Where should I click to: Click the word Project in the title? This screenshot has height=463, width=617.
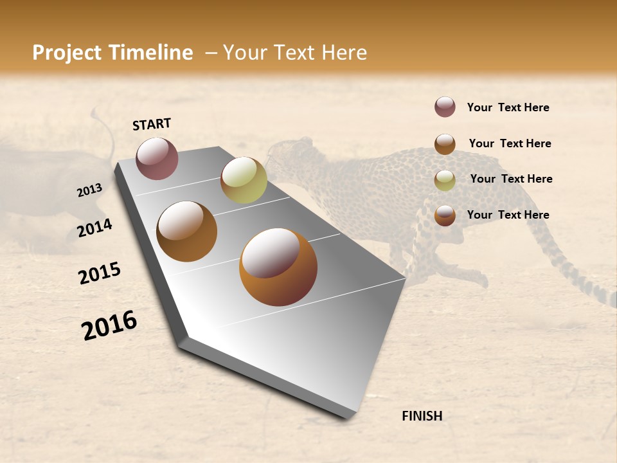pyautogui.click(x=66, y=53)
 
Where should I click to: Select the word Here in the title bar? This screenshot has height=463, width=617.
pyautogui.click(x=344, y=53)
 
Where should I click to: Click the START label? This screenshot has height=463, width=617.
pyautogui.click(x=152, y=124)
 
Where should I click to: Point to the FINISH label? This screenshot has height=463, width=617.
pyautogui.click(x=422, y=416)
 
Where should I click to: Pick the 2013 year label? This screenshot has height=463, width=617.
pyautogui.click(x=89, y=190)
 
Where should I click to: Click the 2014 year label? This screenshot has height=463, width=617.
pyautogui.click(x=94, y=228)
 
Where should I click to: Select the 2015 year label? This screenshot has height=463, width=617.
pyautogui.click(x=100, y=273)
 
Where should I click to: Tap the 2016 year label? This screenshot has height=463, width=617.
pyautogui.click(x=109, y=325)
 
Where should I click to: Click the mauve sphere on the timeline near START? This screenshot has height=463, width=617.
pyautogui.click(x=157, y=158)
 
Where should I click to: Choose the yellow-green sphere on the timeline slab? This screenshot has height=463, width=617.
pyautogui.click(x=244, y=180)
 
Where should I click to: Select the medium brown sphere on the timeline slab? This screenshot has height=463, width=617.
pyautogui.click(x=186, y=232)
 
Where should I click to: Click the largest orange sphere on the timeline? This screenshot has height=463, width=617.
pyautogui.click(x=278, y=267)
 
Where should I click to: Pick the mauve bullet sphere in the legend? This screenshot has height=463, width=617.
pyautogui.click(x=445, y=107)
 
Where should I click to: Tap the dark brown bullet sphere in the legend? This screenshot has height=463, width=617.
pyautogui.click(x=445, y=144)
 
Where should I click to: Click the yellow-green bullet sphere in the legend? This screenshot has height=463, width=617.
pyautogui.click(x=445, y=180)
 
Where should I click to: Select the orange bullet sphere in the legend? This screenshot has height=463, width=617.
pyautogui.click(x=445, y=215)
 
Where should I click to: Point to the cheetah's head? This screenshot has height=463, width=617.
pyautogui.click(x=286, y=154)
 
